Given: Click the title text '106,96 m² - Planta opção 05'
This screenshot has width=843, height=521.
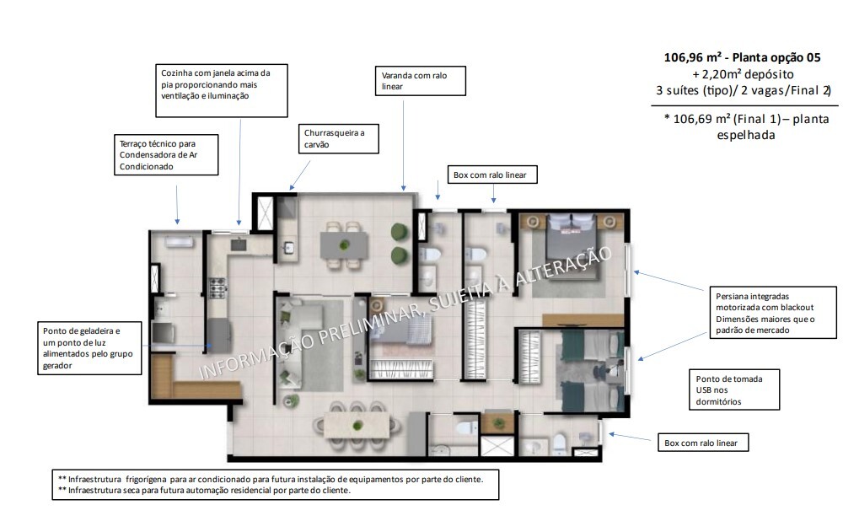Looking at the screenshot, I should click(741, 58).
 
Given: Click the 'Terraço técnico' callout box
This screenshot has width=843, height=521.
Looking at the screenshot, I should click(169, 155).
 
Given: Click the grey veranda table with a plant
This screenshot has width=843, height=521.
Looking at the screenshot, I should click(344, 245).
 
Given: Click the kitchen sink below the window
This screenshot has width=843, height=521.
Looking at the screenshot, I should click(236, 246).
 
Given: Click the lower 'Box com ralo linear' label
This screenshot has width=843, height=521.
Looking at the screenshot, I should click(705, 442).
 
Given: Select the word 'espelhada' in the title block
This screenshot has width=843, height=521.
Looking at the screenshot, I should click(745, 135).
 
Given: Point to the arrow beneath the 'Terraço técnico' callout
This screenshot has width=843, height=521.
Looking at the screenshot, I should click(176, 202).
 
